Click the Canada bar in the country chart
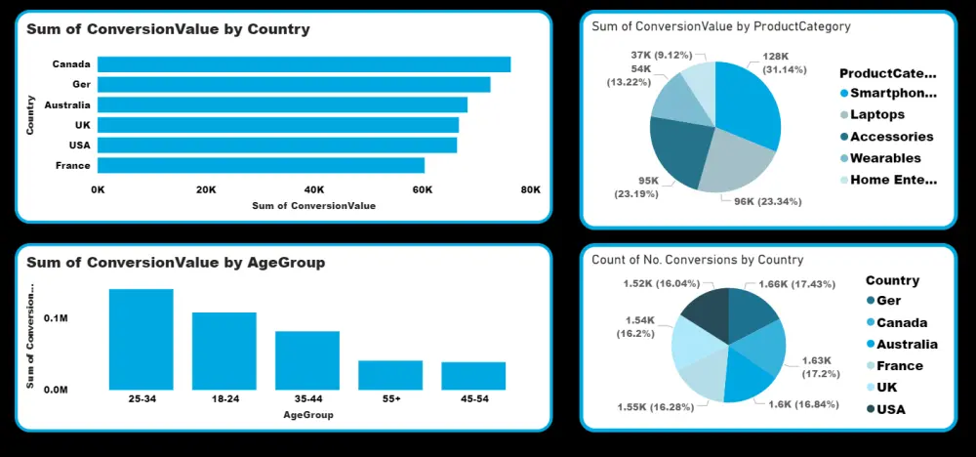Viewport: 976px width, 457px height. [304, 64]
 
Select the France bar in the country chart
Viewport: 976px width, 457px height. [261, 165]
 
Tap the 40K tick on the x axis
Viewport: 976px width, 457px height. [314, 189]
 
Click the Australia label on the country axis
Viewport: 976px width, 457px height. [67, 104]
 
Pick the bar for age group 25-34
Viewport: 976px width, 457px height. [141, 339]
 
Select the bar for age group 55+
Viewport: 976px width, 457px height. [390, 375]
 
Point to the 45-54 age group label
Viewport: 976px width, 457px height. [473, 399]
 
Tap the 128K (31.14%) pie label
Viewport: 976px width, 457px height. [785, 63]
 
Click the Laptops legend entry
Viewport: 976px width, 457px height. [872, 114]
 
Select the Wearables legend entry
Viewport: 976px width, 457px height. [880, 158]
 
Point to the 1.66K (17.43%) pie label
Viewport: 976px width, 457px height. [796, 284]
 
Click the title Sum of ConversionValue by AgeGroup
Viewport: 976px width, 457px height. [176, 263]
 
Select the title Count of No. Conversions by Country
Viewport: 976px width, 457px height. [697, 260]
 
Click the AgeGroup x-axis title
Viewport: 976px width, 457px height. [308, 415]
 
